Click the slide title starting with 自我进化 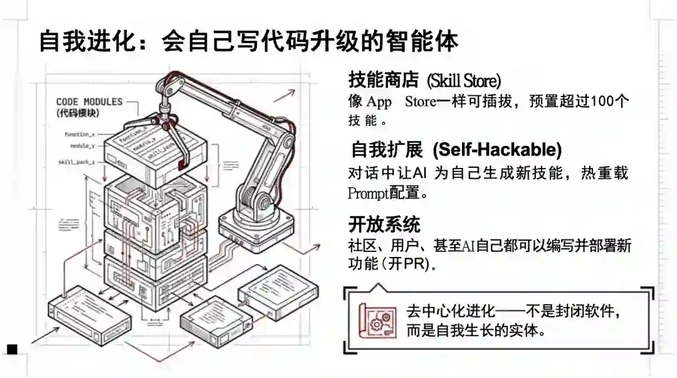(x=248, y=41)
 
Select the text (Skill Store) (x=464, y=81)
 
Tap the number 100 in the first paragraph (x=604, y=101)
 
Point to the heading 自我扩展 (x=386, y=150)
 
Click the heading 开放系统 (x=384, y=224)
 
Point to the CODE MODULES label (x=89, y=102)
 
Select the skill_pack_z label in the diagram (x=76, y=162)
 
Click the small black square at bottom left (x=13, y=349)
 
